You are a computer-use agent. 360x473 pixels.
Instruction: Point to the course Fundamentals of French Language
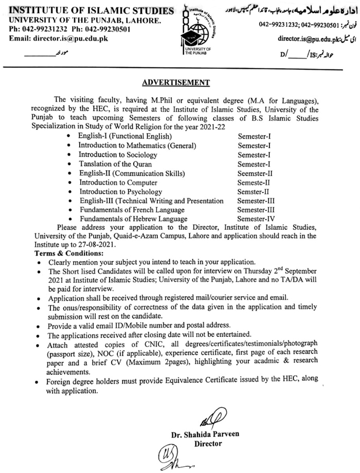click(x=132, y=210)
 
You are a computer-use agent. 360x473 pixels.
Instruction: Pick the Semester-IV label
click(x=257, y=219)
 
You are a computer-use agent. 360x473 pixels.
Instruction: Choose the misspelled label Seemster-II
click(x=256, y=173)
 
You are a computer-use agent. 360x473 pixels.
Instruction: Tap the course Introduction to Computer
click(x=115, y=183)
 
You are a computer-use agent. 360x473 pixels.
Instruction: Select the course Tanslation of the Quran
click(x=112, y=164)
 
